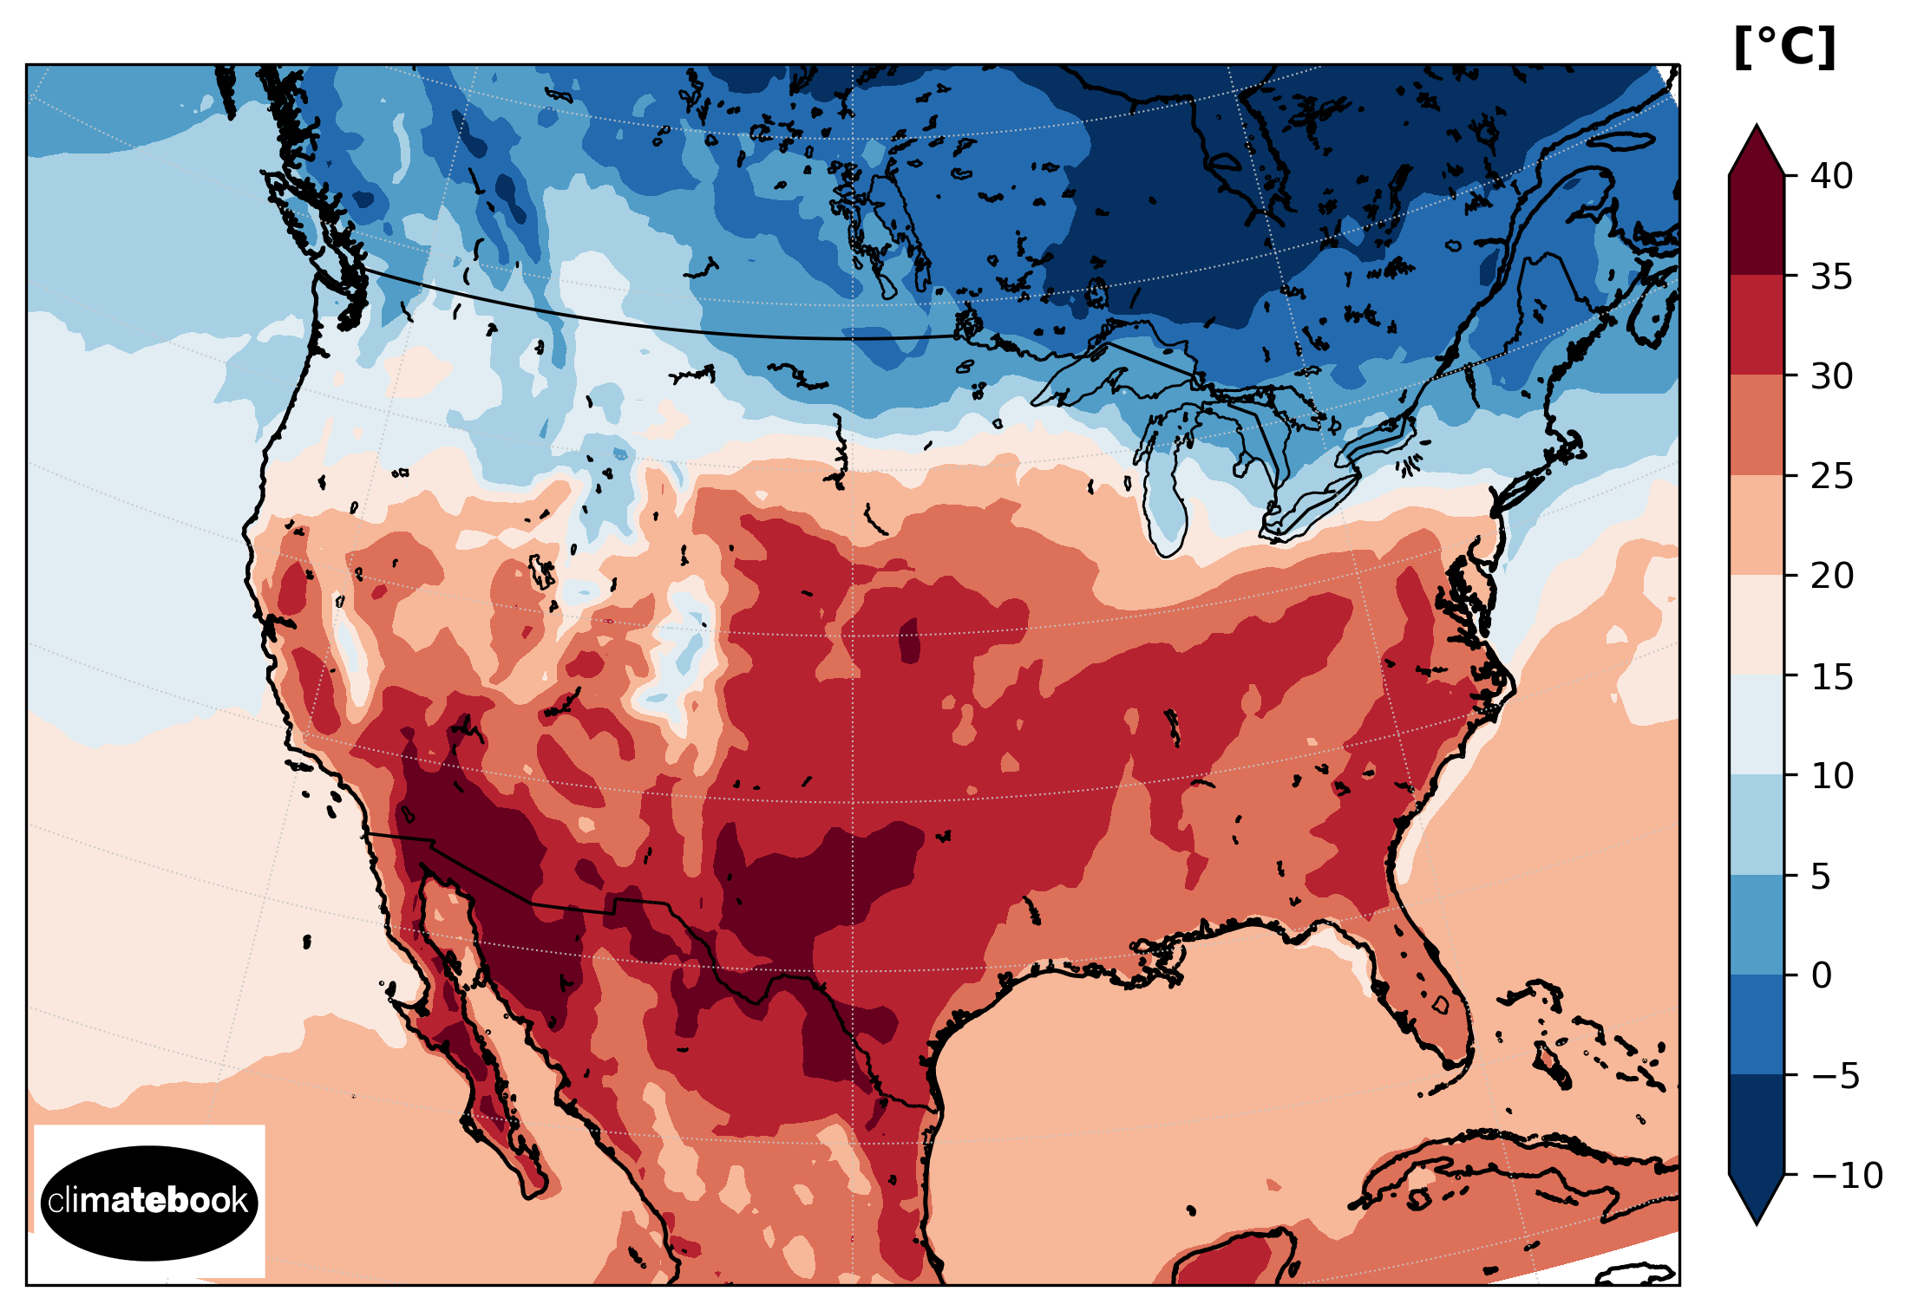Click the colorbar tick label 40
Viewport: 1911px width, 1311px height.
(x=1831, y=176)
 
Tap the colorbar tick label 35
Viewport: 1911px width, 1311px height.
(x=1831, y=277)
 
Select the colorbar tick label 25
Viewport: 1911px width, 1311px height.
(x=1831, y=476)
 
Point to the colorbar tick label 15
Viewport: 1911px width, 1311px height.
(x=1831, y=676)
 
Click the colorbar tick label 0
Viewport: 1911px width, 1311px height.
(x=1821, y=975)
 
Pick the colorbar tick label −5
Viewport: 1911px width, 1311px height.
(x=1835, y=1076)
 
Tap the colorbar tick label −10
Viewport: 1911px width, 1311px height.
(x=1847, y=1176)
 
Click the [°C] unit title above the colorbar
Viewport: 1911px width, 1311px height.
(x=1784, y=47)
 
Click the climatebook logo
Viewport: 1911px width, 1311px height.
(x=149, y=1202)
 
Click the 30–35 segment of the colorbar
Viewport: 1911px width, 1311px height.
(x=1757, y=325)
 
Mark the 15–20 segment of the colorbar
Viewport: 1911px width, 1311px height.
(x=1757, y=625)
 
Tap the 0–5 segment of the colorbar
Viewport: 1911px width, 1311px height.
(x=1757, y=925)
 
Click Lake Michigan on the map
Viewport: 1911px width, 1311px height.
(x=1162, y=494)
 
